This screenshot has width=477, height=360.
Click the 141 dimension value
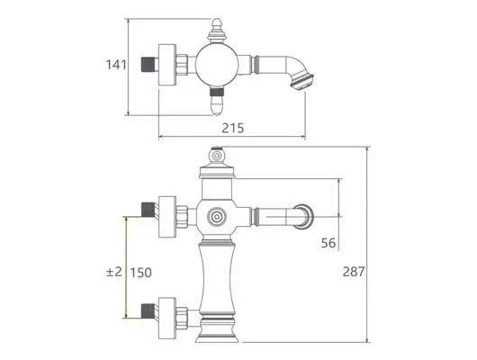coord(116,65)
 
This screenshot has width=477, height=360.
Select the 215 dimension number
coord(233,128)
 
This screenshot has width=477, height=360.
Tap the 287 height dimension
coord(354,272)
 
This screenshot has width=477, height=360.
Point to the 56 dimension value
coord(328,243)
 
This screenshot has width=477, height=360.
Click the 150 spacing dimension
coord(140,273)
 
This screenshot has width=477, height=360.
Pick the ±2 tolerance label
coord(113,272)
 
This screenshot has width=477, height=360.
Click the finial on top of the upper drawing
coord(216,31)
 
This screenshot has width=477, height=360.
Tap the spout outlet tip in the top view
coord(302,80)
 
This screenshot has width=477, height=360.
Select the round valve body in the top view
coord(216,65)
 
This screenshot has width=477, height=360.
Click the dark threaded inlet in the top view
coord(148,65)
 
